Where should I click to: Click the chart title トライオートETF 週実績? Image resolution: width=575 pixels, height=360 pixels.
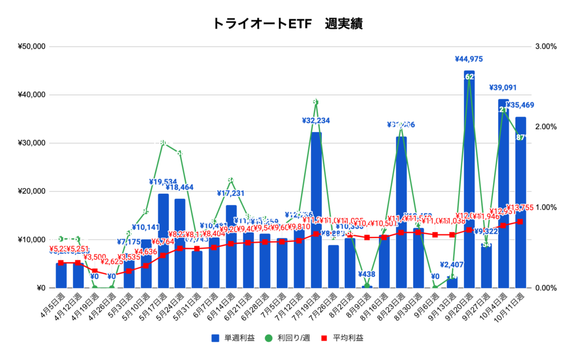(287, 23)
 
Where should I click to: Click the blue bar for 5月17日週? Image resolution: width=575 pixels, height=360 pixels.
(163, 241)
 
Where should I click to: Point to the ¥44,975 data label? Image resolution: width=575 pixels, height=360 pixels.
(469, 59)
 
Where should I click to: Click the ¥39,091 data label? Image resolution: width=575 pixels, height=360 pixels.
(503, 87)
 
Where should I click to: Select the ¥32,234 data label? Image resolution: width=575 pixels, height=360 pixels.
(316, 120)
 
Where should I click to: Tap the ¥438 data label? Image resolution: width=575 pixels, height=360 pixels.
(367, 275)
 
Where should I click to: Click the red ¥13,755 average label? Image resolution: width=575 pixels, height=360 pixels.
(524, 207)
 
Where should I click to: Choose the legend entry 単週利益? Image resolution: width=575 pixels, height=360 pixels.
(234, 338)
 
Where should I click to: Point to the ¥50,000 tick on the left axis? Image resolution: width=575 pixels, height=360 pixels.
(32, 47)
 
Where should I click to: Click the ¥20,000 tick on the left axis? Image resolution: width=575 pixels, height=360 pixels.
(32, 192)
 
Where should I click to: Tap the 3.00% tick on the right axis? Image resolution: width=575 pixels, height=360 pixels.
(545, 47)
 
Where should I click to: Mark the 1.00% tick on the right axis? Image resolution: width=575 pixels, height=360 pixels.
(545, 207)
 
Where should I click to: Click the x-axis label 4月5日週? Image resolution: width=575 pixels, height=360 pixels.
(54, 307)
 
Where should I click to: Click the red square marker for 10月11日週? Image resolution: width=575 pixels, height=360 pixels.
(521, 222)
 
